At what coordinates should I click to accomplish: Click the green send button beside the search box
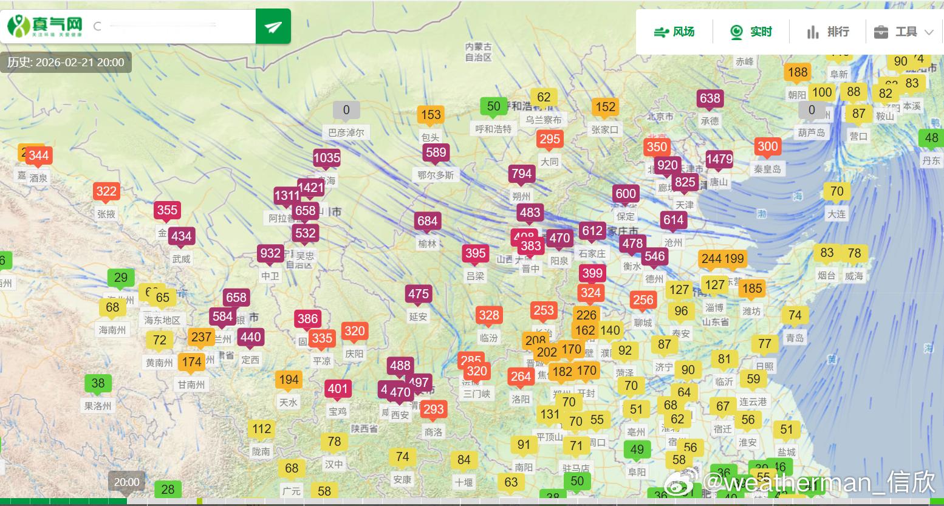(x=273, y=27)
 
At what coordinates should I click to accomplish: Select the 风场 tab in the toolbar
(x=674, y=32)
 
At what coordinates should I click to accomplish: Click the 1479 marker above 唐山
(x=719, y=160)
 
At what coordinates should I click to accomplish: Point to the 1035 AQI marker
(x=327, y=159)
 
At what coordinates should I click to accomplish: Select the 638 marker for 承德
(x=710, y=98)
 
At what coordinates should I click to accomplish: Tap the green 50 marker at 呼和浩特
(x=493, y=107)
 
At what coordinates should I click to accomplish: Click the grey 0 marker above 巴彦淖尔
(x=346, y=110)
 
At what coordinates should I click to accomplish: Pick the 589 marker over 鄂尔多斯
(x=436, y=152)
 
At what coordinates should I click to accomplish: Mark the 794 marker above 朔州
(x=521, y=174)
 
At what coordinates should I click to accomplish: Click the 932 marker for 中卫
(x=270, y=253)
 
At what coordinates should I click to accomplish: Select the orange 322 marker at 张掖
(x=106, y=192)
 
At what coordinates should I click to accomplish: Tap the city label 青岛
(x=795, y=338)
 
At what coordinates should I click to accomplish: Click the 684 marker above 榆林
(x=427, y=221)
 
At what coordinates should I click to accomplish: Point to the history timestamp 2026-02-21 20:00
(x=66, y=63)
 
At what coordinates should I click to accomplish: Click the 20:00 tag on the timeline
(x=126, y=482)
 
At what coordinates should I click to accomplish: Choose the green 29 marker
(x=121, y=278)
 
